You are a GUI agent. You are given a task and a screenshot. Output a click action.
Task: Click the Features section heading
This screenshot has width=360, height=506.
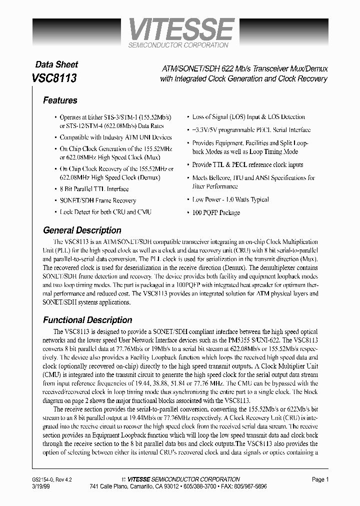60,100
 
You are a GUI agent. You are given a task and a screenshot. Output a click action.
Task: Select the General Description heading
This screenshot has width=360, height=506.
82,230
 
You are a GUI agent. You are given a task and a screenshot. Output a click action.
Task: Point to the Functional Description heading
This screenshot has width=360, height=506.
87,320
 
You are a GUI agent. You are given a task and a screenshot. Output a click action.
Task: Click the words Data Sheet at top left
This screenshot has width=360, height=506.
56,64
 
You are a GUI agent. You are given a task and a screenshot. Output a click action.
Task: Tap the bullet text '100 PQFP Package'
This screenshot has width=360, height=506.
216,212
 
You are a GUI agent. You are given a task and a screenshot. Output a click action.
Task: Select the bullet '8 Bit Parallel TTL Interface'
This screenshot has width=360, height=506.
94,189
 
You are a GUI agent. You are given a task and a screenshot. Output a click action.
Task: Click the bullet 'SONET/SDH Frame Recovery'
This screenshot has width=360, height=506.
97,200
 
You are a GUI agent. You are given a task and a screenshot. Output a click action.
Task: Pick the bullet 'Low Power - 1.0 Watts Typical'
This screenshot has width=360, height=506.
230,199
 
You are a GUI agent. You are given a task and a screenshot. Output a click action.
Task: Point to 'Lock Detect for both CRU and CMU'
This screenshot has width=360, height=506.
105,212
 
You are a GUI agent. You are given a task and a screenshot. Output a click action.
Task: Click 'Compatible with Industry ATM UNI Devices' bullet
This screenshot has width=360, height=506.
115,137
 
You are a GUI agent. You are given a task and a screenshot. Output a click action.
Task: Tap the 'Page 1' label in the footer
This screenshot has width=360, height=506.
320,479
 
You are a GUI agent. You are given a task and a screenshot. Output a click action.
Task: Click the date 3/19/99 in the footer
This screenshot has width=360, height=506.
41,486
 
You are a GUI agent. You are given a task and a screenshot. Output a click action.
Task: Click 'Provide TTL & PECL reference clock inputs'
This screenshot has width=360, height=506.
247,164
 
